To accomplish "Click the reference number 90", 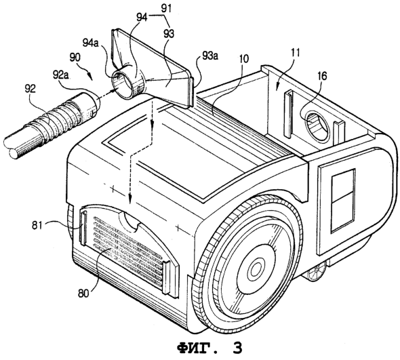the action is pos(74,58).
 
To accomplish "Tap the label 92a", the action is pos(62,75).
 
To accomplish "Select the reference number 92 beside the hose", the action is pos(30,89).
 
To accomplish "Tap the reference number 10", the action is pos(243,59).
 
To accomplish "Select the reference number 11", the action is pos(295,53).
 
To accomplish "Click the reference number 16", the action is pos(321,77).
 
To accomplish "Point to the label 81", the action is pos(37,225).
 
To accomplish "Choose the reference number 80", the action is pos(83,294).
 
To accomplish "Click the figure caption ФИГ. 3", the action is pos(209,348).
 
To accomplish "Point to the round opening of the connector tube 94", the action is pos(121,82).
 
